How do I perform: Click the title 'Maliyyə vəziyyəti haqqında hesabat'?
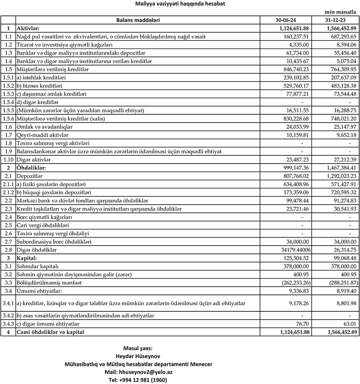point(180,4)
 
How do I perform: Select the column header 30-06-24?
point(285,20)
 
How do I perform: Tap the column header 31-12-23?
point(335,20)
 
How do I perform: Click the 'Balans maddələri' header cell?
point(138,20)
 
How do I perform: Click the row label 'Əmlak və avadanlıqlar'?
point(45,127)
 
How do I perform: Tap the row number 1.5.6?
point(8,118)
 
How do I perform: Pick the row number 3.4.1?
point(8,303)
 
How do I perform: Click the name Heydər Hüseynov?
point(138,356)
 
